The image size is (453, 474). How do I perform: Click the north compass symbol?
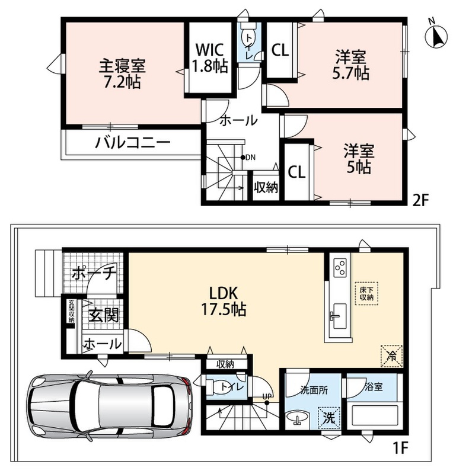point(436,36)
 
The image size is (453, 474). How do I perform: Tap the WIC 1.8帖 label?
point(210,57)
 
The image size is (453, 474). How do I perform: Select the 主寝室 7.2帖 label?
point(122,73)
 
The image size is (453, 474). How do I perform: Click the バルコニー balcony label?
point(133,142)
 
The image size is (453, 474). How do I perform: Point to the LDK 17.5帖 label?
point(224,301)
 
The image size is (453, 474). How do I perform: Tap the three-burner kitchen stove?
point(340,267)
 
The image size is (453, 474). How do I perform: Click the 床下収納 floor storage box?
point(367,293)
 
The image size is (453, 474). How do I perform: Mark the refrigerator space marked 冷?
point(391,356)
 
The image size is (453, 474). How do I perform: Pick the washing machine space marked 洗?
point(329,418)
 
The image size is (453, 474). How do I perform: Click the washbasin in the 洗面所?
point(298,418)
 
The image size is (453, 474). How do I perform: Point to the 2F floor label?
point(421,200)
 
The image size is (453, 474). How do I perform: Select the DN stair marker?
point(248,157)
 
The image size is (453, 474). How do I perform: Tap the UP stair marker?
point(267,399)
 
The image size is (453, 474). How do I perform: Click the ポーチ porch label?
point(94,273)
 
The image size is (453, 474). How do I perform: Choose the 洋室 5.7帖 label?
point(350,65)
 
